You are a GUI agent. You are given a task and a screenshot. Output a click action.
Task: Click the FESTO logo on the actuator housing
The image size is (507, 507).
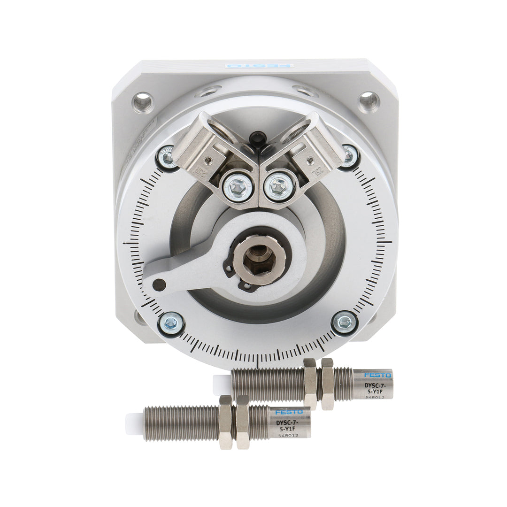click(x=259, y=66)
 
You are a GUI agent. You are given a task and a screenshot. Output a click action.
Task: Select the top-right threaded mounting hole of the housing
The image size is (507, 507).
click(x=369, y=101)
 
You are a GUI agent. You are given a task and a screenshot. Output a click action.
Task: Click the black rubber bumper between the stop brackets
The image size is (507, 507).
click(x=257, y=139)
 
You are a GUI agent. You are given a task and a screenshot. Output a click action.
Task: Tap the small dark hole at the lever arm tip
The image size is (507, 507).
click(x=159, y=284)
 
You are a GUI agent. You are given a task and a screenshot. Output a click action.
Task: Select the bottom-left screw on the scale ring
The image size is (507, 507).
click(x=171, y=323)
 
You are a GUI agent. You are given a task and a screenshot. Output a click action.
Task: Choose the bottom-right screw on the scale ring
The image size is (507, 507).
click(x=345, y=323)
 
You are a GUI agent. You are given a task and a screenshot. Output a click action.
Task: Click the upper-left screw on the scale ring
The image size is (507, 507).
click(x=167, y=158)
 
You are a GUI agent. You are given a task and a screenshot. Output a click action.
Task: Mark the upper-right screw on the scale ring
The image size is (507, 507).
click(x=350, y=155)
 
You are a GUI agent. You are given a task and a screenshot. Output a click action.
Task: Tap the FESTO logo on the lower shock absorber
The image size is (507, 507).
click(x=289, y=412)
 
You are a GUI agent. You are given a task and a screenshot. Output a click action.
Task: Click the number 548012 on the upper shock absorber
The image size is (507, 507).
click(x=375, y=397)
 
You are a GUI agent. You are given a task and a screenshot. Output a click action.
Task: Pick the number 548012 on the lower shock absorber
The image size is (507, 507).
click(x=288, y=435)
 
